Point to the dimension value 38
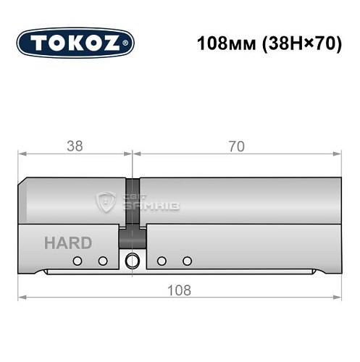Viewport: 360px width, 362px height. click(x=74, y=146)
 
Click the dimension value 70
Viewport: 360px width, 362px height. click(x=235, y=146)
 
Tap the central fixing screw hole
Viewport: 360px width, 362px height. click(x=132, y=261)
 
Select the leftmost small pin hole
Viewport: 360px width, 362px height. click(x=76, y=261)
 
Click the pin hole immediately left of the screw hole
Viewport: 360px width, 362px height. click(x=103, y=261)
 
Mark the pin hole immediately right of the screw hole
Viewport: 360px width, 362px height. click(x=162, y=261)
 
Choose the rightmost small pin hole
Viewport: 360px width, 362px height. click(x=188, y=261)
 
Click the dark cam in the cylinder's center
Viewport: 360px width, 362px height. click(x=133, y=210)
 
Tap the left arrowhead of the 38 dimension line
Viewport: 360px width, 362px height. click(x=22, y=153)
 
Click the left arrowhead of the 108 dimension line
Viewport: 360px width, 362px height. click(x=22, y=298)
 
